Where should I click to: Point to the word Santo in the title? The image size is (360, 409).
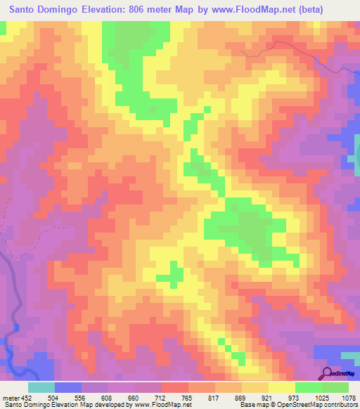[x=26, y=10]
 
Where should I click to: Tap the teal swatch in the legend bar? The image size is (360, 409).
[x=41, y=387]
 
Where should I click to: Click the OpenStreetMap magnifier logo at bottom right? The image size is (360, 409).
[x=328, y=373]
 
